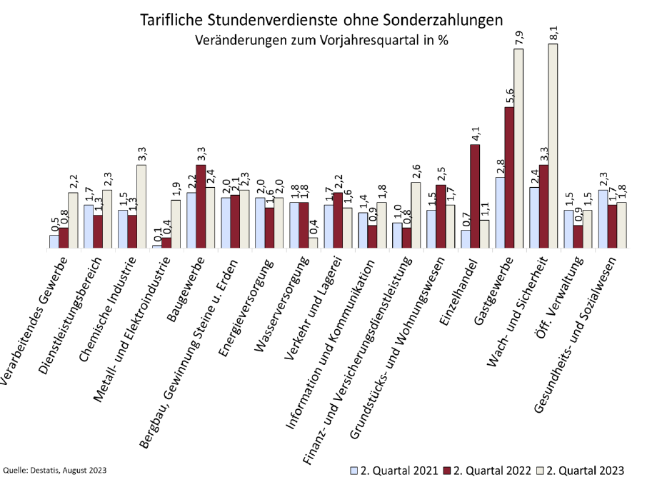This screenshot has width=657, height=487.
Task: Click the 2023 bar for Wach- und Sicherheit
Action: [x=553, y=146]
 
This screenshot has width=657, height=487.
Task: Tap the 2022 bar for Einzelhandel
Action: [x=475, y=196]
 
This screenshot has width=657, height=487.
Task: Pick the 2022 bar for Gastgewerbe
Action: [x=509, y=178]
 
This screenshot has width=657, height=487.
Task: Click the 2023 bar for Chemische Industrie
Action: [x=141, y=206]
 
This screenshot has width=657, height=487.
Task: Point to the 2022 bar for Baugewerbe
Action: [x=201, y=206]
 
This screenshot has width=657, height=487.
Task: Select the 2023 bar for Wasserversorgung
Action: [x=313, y=243]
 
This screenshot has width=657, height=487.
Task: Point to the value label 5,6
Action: [x=509, y=96]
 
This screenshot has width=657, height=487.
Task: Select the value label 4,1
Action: [x=475, y=134]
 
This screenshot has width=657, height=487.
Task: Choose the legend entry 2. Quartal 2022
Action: [x=487, y=471]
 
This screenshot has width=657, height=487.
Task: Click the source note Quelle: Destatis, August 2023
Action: [x=55, y=471]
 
